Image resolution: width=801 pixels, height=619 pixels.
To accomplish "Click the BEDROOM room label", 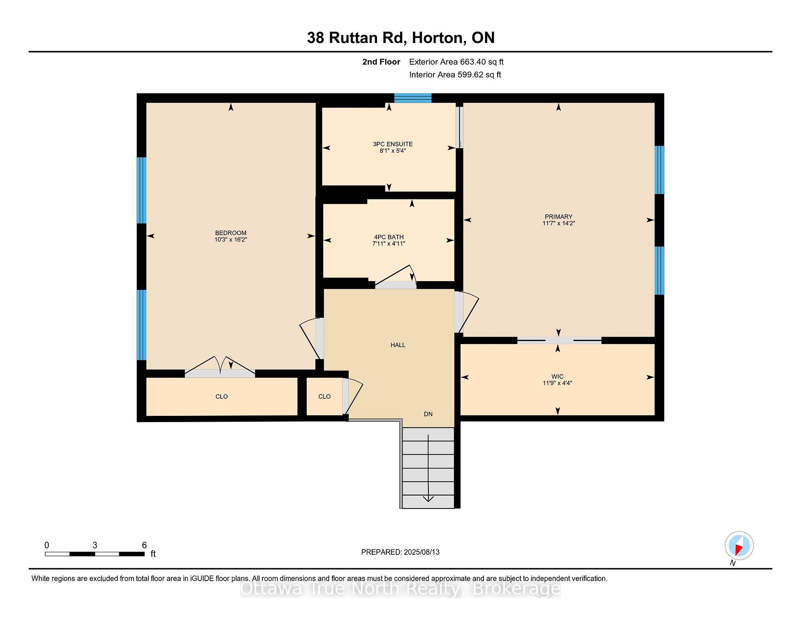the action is tap(231, 233).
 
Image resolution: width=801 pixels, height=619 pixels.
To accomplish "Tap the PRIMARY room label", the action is tap(559, 216).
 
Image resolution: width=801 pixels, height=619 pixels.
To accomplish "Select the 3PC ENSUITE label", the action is tap(393, 144).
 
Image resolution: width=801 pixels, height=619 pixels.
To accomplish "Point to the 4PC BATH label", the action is tap(389, 237).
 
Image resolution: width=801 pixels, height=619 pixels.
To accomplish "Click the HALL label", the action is tap(398, 345).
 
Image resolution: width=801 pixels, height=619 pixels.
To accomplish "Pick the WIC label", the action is tap(557, 377).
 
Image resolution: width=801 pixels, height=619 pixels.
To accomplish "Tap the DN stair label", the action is tap(428, 414).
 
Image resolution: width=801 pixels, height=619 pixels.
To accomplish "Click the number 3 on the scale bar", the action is tap(95, 545).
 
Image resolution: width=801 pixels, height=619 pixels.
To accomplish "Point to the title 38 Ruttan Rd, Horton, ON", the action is tap(400, 38).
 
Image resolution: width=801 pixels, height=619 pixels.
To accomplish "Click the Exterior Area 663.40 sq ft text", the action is tap(456, 62).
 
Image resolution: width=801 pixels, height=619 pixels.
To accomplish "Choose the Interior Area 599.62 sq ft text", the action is tap(455, 75).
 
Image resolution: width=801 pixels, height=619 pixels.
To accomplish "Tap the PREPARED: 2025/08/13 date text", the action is tap(400, 552).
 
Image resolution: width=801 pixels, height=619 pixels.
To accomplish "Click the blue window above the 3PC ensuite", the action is tap(413, 98).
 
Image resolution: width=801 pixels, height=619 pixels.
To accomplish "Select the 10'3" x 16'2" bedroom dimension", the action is tap(231, 240).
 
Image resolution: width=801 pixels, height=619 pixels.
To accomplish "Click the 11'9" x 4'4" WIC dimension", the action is tap(557, 383).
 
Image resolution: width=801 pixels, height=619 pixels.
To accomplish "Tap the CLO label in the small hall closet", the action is tap(325, 397).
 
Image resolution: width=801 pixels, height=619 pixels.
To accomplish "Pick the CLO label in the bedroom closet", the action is tap(222, 397).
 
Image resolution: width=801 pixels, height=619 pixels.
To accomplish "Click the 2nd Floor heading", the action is tap(381, 62).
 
